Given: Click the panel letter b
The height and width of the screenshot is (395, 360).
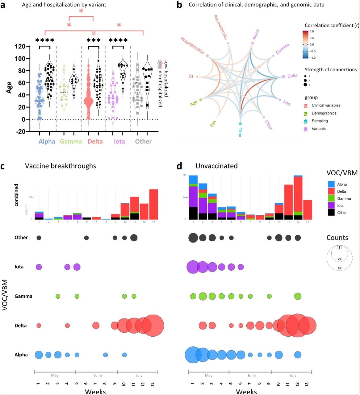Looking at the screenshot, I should (180, 5).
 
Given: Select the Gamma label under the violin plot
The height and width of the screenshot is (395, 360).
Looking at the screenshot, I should (71, 142).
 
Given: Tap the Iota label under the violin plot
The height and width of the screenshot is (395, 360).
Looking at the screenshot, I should (119, 142).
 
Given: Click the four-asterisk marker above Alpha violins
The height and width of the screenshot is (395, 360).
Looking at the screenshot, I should (45, 40).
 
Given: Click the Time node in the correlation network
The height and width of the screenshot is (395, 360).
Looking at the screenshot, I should (240, 124).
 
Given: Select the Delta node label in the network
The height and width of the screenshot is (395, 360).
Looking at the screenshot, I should (292, 76).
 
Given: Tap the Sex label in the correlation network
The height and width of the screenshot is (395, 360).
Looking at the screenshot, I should (213, 123).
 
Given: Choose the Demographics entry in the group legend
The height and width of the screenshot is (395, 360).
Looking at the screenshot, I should (324, 113).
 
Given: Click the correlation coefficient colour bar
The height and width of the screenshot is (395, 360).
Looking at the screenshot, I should (305, 44).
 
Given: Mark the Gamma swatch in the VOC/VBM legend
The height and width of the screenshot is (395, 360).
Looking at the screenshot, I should (332, 198).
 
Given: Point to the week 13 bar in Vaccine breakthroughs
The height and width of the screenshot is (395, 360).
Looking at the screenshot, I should (153, 204).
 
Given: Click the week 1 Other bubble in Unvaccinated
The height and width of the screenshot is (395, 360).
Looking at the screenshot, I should (193, 238).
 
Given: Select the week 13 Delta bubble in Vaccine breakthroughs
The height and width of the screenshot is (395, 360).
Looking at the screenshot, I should (153, 326).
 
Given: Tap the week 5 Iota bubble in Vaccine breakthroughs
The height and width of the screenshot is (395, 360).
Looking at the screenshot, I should (77, 267).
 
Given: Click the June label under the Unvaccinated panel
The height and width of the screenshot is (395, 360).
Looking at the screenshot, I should (251, 376).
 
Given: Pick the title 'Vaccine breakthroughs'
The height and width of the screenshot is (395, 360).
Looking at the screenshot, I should (61, 166).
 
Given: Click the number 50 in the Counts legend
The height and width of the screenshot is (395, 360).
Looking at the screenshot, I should (339, 268).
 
